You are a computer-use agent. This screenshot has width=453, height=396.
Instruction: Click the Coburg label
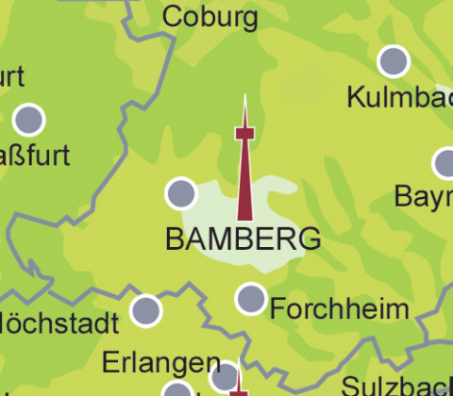tap(210, 17)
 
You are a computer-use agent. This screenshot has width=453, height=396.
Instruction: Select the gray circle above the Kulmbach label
tap(394, 61)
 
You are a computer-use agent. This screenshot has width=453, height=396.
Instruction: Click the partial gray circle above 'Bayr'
tap(446, 163)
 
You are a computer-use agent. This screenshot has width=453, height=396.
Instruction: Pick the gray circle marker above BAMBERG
tap(180, 193)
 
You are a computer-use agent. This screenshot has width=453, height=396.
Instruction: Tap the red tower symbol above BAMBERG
tap(244, 174)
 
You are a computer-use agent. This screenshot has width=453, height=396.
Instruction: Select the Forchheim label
tap(339, 308)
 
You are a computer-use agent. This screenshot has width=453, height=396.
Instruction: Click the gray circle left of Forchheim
tap(251, 299)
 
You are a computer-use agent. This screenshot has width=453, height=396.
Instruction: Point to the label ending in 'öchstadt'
tap(59, 325)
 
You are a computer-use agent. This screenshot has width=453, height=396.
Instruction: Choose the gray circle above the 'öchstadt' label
tap(146, 309)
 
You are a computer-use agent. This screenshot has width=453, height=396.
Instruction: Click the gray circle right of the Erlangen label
tap(225, 376)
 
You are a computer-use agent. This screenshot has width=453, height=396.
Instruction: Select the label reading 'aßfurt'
tap(35, 155)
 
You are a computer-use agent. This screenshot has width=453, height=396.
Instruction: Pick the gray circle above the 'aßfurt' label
tap(29, 120)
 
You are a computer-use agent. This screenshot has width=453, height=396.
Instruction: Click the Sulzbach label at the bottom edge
tap(396, 386)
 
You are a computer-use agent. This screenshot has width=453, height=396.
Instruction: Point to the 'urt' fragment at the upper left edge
tap(11, 76)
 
